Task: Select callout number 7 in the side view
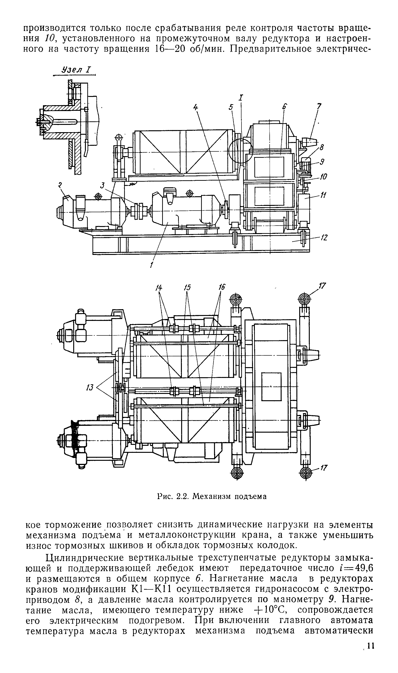point(319,107)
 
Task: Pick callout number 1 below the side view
point(151,265)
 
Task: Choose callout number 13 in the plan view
point(90,388)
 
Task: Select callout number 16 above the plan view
point(222,287)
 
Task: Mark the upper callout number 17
point(323,286)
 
